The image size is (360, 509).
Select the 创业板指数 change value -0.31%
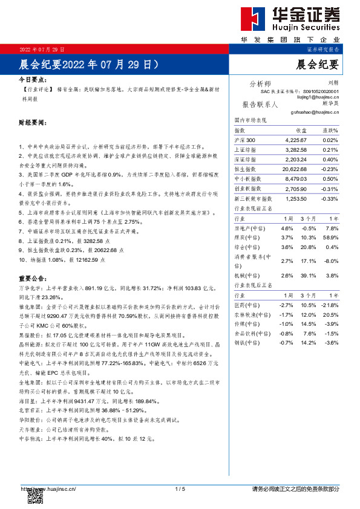pos(330,189)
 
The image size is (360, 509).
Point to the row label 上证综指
pos(244,150)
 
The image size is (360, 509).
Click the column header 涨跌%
pos(330,131)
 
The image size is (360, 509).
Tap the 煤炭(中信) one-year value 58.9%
pos(330,238)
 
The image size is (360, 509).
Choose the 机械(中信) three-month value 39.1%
pos(309,276)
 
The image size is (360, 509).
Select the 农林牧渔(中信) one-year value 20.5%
pos(330,315)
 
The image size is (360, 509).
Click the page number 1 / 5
pos(179,488)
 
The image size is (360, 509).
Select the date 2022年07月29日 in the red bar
pos(42,48)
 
